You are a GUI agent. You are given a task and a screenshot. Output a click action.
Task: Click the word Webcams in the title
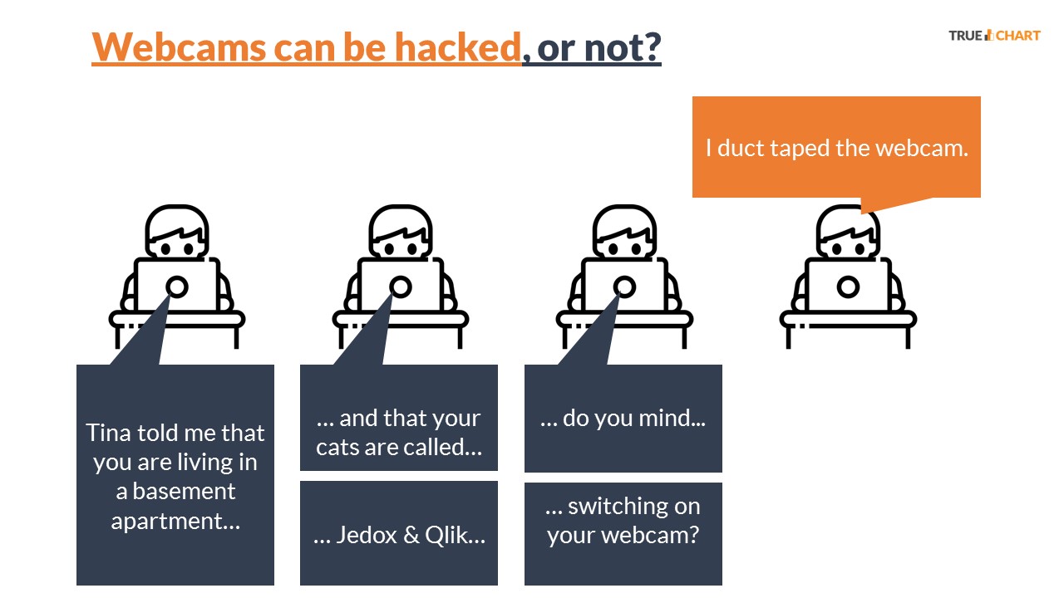click(x=179, y=47)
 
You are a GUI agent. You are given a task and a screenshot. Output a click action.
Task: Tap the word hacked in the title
click(x=458, y=47)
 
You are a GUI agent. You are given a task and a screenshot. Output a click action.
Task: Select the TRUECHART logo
click(x=995, y=36)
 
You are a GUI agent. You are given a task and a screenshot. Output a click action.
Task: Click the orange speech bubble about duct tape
click(x=836, y=147)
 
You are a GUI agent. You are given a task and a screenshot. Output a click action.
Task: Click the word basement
click(x=184, y=491)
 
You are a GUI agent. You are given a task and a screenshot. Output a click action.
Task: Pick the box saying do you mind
click(x=623, y=418)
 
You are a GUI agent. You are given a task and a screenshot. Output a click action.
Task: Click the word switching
click(x=634, y=507)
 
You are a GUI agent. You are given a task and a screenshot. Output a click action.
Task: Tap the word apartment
click(x=175, y=522)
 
